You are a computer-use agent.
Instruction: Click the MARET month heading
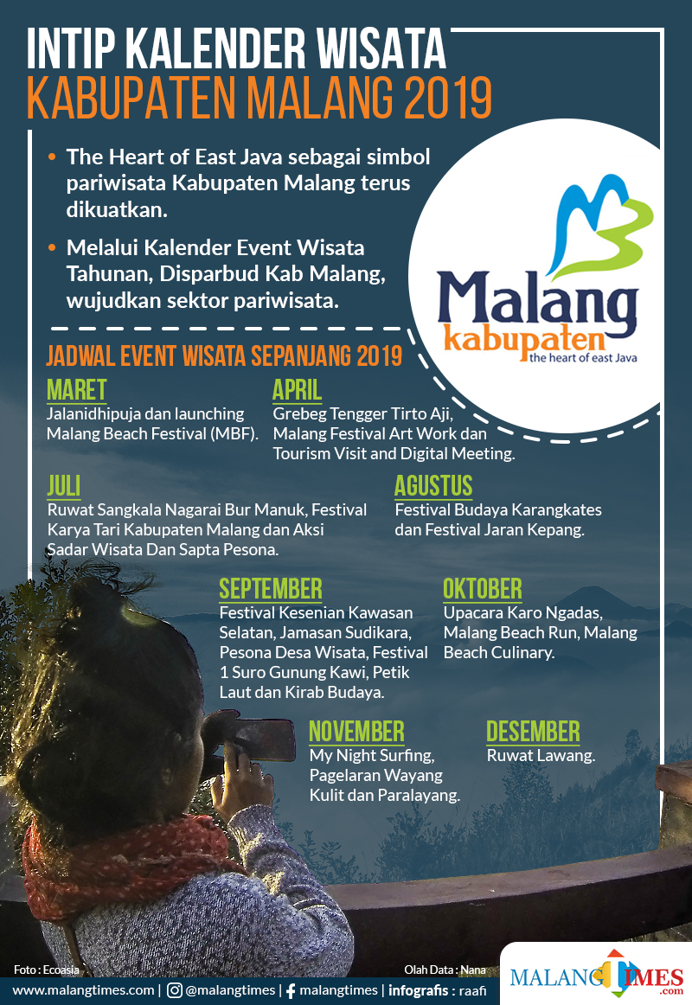tap(76, 390)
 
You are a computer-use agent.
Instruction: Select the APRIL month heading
tap(297, 390)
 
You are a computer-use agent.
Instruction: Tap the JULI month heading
tap(64, 486)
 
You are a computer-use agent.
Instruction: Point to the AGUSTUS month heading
tap(433, 486)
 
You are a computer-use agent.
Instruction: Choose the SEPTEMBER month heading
tap(271, 589)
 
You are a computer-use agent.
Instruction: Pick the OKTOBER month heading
tap(483, 589)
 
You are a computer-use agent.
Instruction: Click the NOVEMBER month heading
tap(357, 732)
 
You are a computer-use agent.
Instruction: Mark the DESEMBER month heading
tap(533, 732)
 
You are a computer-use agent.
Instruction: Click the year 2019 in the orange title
tap(448, 98)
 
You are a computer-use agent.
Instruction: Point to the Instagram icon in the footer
tap(174, 990)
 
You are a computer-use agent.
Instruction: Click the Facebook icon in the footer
tap(291, 991)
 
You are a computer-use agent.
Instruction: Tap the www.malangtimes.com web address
tap(83, 990)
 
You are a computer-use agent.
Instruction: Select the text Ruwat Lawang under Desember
tap(541, 756)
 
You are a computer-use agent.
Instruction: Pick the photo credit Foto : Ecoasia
tap(46, 970)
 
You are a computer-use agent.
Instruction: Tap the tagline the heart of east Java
tap(583, 358)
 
